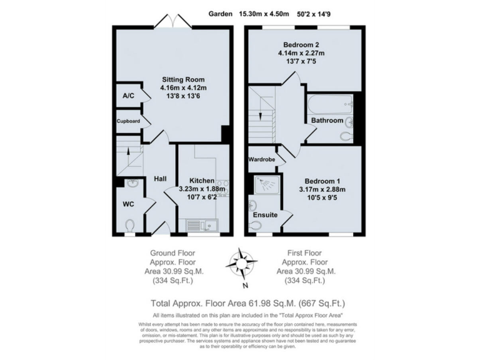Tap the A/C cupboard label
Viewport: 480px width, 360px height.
(128, 96)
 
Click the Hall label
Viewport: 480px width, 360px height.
(160, 179)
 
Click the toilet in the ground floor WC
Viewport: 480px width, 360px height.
(129, 226)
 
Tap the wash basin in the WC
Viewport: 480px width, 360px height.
(131, 184)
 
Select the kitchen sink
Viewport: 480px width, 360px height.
(201, 225)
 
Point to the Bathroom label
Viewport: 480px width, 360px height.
(327, 120)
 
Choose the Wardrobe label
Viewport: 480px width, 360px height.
(262, 159)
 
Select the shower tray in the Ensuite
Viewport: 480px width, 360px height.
(266, 185)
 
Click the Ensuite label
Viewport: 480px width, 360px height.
(265, 215)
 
